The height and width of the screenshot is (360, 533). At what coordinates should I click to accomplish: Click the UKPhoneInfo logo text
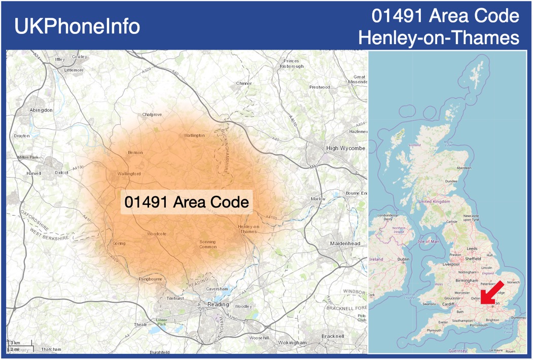pyautogui.click(x=77, y=26)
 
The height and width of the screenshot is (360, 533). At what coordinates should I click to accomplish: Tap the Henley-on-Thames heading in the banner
pyautogui.click(x=439, y=37)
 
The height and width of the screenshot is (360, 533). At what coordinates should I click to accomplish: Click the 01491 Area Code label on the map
pyautogui.click(x=187, y=202)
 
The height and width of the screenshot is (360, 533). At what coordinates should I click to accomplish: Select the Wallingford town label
pyautogui.click(x=129, y=174)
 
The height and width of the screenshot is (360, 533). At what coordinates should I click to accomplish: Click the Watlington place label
pyautogui.click(x=194, y=135)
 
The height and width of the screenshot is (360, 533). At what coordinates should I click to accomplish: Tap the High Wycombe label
pyautogui.click(x=345, y=148)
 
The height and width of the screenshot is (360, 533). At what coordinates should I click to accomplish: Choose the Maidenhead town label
pyautogui.click(x=345, y=243)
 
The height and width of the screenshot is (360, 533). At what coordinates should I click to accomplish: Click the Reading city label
pyautogui.click(x=218, y=304)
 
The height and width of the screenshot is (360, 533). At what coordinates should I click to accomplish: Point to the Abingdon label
pyautogui.click(x=41, y=110)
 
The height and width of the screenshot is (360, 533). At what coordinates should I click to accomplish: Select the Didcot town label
pyautogui.click(x=61, y=172)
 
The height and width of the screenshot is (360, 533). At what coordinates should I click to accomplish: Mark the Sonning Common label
pyautogui.click(x=208, y=244)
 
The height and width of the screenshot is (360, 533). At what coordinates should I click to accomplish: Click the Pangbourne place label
pyautogui.click(x=151, y=279)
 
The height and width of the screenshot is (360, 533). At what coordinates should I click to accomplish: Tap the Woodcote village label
pyautogui.click(x=157, y=234)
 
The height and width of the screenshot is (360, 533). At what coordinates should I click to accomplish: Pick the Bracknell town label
pyautogui.click(x=333, y=336)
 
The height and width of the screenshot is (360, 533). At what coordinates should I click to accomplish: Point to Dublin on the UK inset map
pyautogui.click(x=403, y=259)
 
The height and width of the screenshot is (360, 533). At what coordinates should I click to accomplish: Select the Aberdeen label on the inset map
pyautogui.click(x=464, y=167)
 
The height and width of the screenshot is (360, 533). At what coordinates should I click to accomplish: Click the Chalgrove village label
pyautogui.click(x=152, y=115)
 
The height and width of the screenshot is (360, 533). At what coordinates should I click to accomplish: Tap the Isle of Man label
pyautogui.click(x=428, y=241)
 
